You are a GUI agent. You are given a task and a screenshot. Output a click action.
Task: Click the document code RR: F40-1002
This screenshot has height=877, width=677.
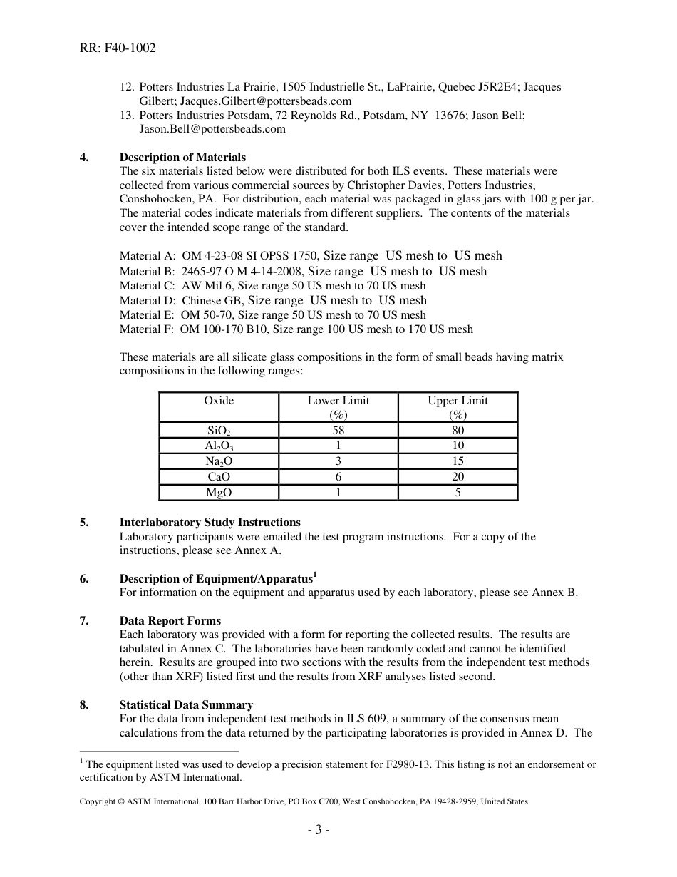click(118, 48)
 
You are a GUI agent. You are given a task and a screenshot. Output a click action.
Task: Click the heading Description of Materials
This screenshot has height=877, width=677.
click(182, 157)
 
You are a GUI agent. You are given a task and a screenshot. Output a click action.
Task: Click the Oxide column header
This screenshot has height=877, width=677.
click(219, 401)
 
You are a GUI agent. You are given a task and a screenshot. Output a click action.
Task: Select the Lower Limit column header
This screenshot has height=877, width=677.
click(338, 401)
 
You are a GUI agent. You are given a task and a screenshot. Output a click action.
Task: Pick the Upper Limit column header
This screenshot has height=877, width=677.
click(458, 401)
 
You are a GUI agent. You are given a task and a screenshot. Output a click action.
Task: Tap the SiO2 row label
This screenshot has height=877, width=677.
click(219, 431)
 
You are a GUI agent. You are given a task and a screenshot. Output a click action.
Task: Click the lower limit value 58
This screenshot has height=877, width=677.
click(338, 430)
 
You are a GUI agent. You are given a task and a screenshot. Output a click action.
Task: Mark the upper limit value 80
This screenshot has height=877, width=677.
click(458, 430)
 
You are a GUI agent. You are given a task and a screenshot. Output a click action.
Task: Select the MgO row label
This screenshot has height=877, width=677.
click(219, 493)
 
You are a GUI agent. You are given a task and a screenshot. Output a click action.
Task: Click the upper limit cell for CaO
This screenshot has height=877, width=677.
click(458, 477)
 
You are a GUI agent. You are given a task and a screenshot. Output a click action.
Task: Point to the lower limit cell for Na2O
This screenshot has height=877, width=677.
click(338, 461)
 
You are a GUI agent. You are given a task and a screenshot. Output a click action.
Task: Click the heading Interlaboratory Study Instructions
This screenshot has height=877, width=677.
click(210, 523)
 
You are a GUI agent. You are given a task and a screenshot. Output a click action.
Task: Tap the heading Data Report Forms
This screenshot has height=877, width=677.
click(170, 620)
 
